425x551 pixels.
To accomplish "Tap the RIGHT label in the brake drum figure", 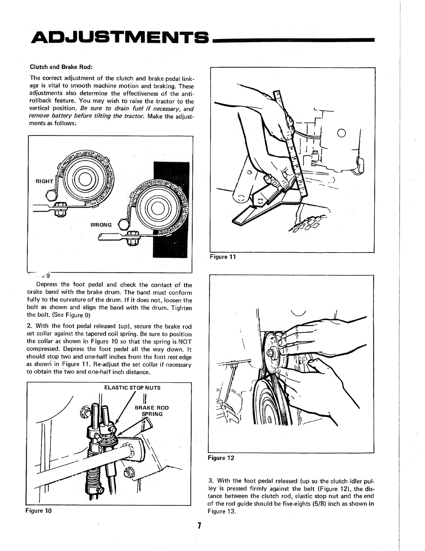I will [x=44, y=181].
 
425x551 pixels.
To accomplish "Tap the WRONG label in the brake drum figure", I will [x=101, y=225].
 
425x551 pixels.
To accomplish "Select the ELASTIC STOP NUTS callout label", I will [x=132, y=388].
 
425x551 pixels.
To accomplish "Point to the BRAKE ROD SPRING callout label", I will [x=152, y=411].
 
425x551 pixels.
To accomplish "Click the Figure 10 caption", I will [x=38, y=511].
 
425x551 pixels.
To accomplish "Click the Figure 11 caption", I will [x=223, y=257].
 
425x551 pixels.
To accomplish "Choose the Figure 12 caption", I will [x=221, y=458].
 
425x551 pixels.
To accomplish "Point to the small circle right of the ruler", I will [x=341, y=133].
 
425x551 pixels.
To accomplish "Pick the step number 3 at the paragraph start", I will [x=210, y=481].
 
